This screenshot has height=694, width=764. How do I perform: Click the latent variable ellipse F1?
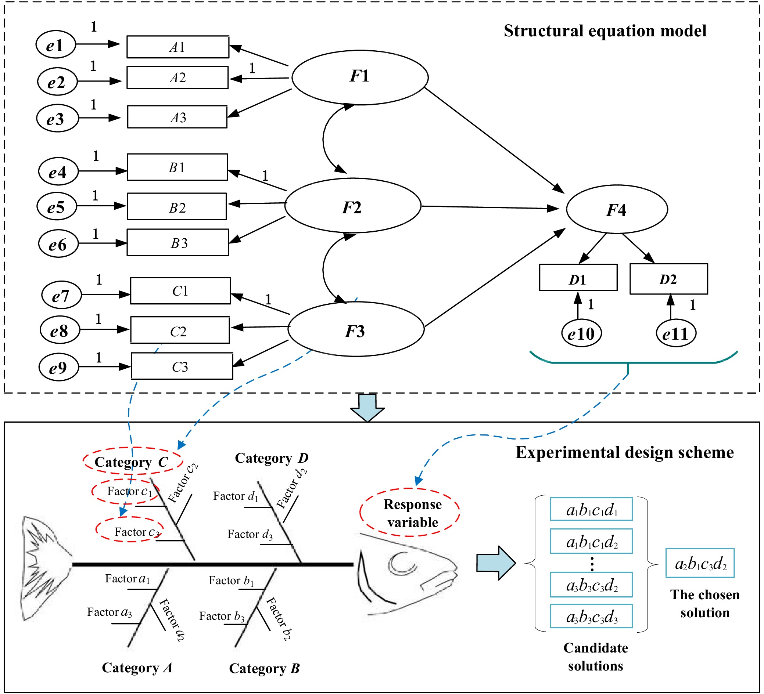coord(360,77)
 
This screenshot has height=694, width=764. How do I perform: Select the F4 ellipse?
coord(617,209)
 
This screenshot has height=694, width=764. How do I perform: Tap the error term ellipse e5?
coord(57,206)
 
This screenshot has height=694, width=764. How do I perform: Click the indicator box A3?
coord(177,117)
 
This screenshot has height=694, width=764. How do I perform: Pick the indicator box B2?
coord(177,206)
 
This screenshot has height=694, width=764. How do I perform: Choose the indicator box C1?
coord(180,290)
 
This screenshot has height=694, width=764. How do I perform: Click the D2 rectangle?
coord(668,279)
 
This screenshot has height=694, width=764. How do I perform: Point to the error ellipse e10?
coord(581,333)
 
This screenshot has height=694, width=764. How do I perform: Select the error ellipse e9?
coord(59,367)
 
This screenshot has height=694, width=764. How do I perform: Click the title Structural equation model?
coord(605,31)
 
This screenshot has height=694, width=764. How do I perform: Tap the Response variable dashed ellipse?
coord(410,513)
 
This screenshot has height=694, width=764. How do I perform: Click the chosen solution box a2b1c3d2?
coord(700,563)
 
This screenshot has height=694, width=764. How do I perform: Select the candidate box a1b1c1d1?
coord(591,509)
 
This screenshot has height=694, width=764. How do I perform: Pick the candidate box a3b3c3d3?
coord(591,617)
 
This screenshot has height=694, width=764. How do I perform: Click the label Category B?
coord(264,668)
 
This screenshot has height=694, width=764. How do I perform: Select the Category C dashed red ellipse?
coord(133,461)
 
